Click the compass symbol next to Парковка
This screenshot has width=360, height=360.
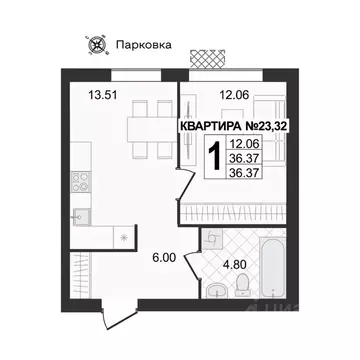tap(98, 44)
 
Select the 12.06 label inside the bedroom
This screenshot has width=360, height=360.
tap(234, 97)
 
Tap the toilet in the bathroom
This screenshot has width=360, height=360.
tap(241, 288)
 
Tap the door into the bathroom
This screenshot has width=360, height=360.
tap(209, 239)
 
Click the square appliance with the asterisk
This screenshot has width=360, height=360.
tap(121, 236)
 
